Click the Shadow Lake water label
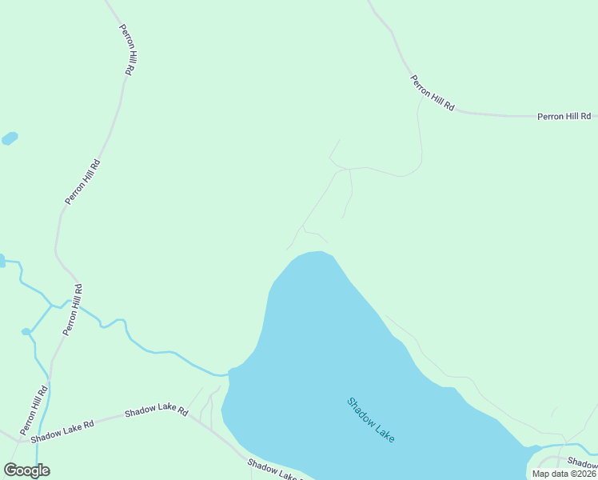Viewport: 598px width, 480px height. (x=371, y=421)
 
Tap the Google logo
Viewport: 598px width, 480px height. (x=26, y=470)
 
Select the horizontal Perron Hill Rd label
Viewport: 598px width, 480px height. (x=563, y=117)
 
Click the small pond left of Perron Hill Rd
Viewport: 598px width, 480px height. (x=10, y=138)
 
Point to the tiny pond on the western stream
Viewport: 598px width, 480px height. (x=26, y=331)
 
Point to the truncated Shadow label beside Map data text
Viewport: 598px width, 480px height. (x=582, y=462)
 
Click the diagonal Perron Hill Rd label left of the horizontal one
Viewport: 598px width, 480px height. (x=433, y=93)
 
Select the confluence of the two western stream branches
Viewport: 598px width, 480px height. (x=52, y=305)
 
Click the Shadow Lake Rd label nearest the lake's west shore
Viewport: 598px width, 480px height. (x=157, y=410)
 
